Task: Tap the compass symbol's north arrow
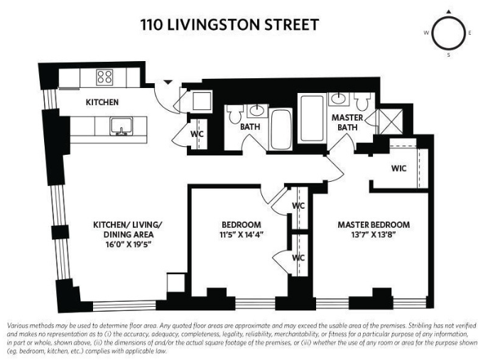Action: tap(447, 12)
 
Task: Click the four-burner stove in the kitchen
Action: tap(105, 77)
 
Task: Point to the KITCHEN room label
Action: tap(102, 102)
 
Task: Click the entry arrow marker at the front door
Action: tap(168, 82)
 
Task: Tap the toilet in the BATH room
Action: tap(234, 113)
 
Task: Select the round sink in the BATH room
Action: tap(258, 110)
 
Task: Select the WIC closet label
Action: tap(398, 169)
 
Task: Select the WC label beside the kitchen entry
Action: tap(198, 133)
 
